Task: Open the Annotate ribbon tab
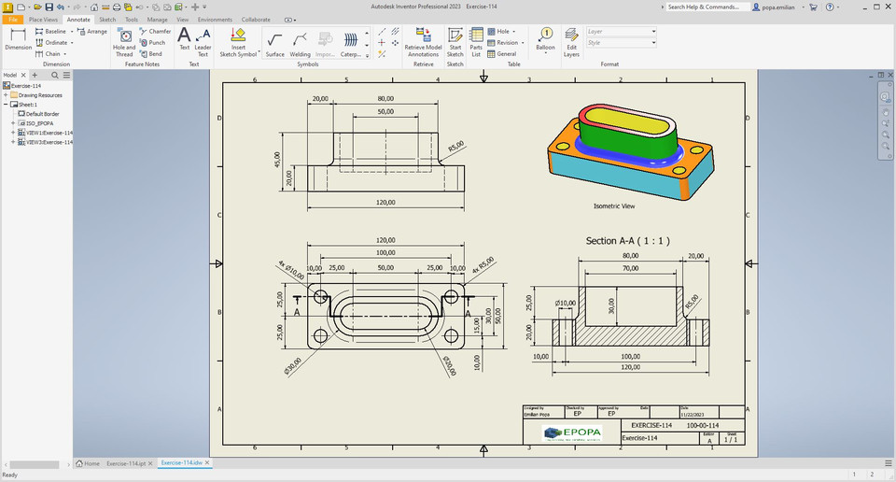tap(78, 19)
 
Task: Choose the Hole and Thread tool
tap(124, 41)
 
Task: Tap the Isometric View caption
tap(614, 206)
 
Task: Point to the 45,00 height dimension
tap(276, 160)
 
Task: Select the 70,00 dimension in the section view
tap(630, 268)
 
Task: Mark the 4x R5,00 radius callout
tap(483, 269)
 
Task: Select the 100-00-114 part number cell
tap(702, 425)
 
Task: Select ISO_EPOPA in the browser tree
tap(39, 123)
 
